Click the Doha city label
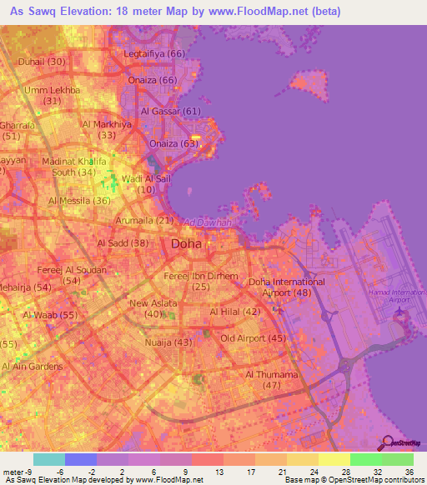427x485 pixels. click(x=186, y=244)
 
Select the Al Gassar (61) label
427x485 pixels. click(x=171, y=111)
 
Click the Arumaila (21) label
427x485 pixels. click(x=143, y=220)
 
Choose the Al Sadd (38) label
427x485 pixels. click(x=123, y=243)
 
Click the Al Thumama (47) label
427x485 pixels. click(x=271, y=379)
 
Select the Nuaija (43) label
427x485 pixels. click(x=169, y=342)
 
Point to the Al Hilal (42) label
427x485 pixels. click(x=235, y=311)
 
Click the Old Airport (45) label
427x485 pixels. click(x=254, y=337)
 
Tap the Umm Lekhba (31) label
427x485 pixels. click(x=53, y=95)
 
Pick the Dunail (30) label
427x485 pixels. click(x=44, y=62)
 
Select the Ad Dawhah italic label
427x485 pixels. click(x=207, y=223)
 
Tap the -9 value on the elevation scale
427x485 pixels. click(x=33, y=472)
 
